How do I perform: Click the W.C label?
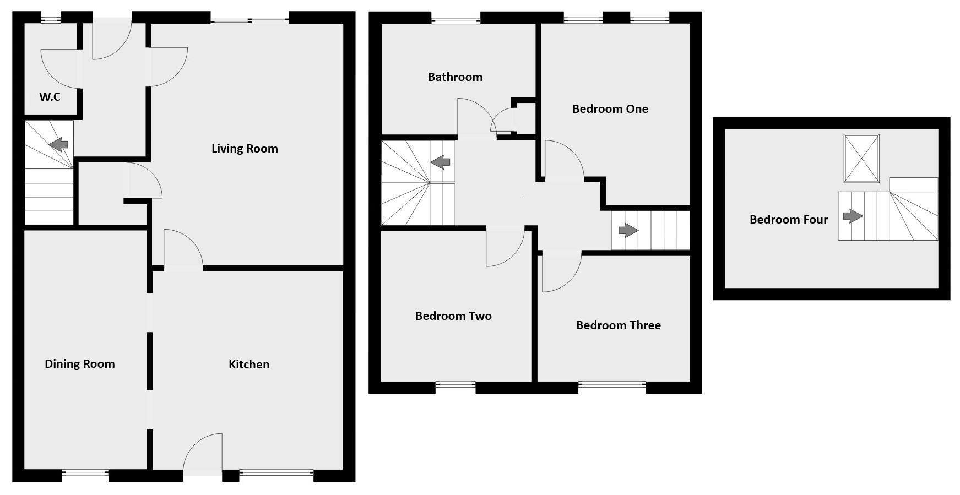[x=50, y=97]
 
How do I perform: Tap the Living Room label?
[x=245, y=148]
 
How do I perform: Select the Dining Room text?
[x=80, y=363]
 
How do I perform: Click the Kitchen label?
[x=249, y=364]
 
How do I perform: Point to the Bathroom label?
[x=455, y=77]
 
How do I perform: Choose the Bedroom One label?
[x=610, y=108]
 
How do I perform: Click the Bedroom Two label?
[x=453, y=316]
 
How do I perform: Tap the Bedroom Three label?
[x=618, y=325]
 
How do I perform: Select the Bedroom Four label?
[x=789, y=219]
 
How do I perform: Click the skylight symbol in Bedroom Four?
[x=861, y=158]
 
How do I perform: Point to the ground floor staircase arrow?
[x=58, y=145]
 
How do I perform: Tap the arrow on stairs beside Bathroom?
[x=440, y=162]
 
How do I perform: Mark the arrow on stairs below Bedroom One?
[x=628, y=230]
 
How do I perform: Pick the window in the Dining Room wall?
[x=85, y=472]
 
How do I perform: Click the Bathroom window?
[x=456, y=20]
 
